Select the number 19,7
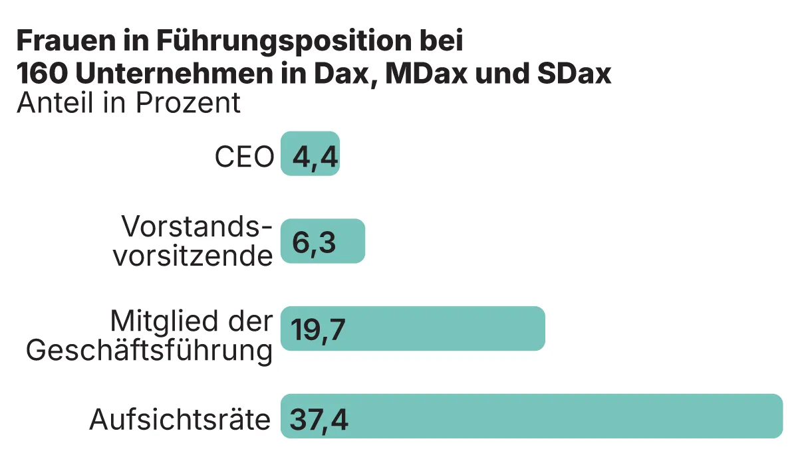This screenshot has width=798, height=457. tap(318, 330)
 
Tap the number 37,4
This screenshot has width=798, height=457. tap(319, 420)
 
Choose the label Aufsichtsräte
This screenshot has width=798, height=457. tap(180, 420)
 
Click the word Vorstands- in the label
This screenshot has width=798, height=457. tap(198, 228)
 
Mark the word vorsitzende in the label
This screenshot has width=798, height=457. tap(193, 256)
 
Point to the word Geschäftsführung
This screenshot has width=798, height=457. tap(150, 350)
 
